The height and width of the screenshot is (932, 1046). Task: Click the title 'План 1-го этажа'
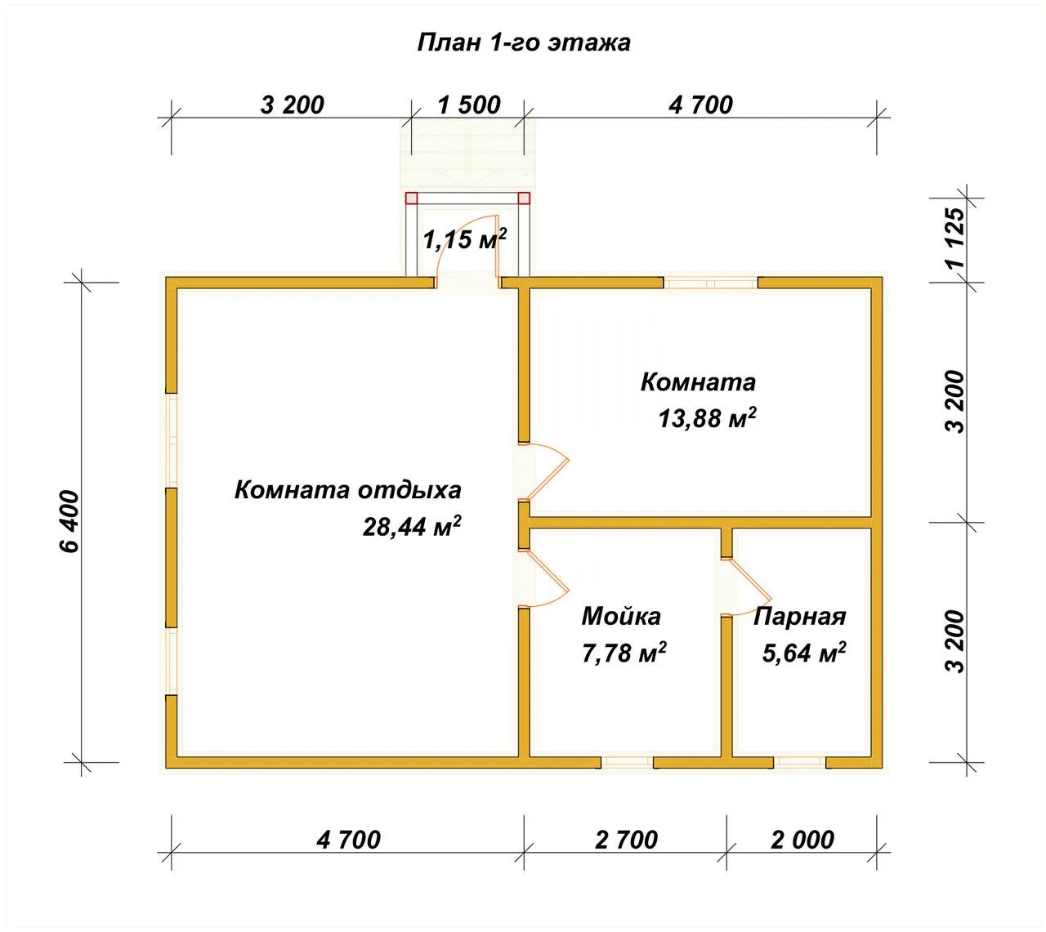coord(523,42)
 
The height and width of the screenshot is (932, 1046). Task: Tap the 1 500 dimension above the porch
coord(469,105)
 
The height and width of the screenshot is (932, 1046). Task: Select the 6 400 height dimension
coord(70,521)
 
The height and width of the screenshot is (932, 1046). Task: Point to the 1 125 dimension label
coord(955,238)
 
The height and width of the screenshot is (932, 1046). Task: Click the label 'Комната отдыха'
coord(347,490)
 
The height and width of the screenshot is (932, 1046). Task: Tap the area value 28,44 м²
coord(412,526)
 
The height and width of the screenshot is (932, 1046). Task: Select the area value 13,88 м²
coord(707,417)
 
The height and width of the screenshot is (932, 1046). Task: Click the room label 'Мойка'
coord(621,616)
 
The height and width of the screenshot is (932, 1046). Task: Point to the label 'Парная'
coord(800,617)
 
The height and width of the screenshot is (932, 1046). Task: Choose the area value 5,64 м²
coord(804,653)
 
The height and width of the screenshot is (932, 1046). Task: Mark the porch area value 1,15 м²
coord(465,239)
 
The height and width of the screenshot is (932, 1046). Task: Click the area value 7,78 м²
coord(624,653)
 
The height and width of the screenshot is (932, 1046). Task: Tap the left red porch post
coord(411,198)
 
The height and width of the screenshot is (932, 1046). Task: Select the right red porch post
coord(524,198)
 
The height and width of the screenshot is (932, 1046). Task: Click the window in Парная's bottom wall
coord(799,762)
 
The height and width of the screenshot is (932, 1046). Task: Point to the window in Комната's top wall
coord(710,283)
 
